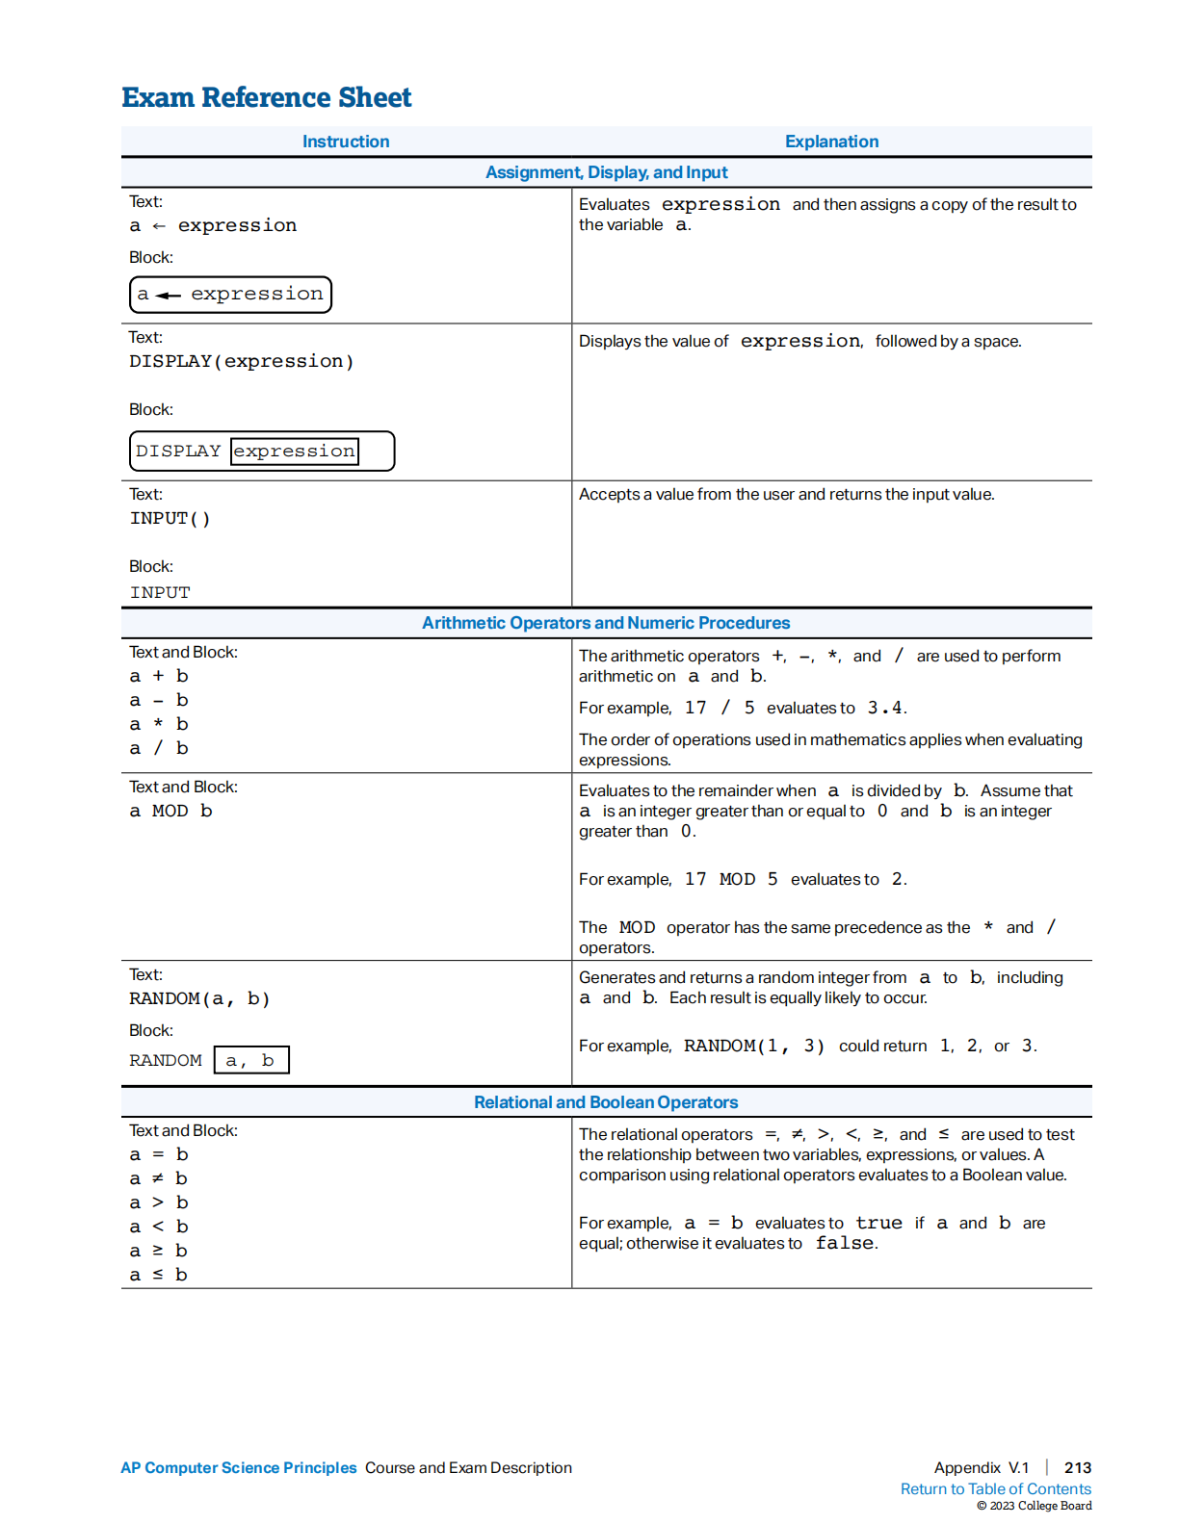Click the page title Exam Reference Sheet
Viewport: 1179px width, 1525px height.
[266, 97]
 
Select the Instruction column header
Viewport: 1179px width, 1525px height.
[346, 142]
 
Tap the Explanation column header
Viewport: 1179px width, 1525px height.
[831, 142]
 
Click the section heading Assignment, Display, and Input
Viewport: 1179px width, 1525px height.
[606, 172]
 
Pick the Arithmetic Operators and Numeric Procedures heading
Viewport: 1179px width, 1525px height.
[606, 623]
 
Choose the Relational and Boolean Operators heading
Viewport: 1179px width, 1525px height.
[606, 1102]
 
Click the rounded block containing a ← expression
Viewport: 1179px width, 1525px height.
[230, 295]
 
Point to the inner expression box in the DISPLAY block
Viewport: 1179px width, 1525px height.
[295, 451]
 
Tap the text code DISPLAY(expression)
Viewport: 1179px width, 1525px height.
[242, 361]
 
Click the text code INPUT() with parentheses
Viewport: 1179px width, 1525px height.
[170, 518]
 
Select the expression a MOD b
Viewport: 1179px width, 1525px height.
[171, 811]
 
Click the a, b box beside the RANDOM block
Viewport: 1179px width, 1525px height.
[250, 1060]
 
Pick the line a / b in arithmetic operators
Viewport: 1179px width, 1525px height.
[159, 748]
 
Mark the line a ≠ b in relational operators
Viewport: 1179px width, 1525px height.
[159, 1178]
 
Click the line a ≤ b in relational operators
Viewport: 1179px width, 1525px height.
[159, 1275]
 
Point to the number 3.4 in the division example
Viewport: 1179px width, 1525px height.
[884, 708]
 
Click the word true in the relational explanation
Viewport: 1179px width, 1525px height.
[878, 1223]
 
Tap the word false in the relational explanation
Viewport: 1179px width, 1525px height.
[845, 1243]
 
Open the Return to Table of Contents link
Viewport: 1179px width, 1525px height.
[995, 1488]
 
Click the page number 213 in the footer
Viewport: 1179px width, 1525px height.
[1077, 1467]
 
